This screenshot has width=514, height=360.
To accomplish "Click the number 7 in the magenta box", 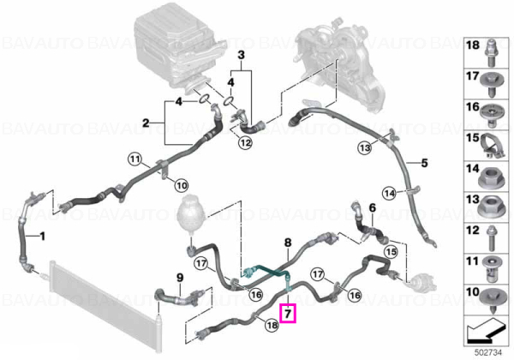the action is tap(288, 314).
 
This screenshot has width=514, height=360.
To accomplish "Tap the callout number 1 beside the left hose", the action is tap(42, 236).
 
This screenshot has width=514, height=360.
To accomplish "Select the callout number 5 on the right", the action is tap(425, 163).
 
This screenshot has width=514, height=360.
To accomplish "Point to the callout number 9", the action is tap(180, 278).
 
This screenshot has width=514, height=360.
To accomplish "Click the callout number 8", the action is tap(288, 243).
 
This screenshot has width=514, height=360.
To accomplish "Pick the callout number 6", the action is tap(372, 208).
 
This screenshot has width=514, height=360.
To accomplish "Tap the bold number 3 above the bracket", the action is tap(241, 55).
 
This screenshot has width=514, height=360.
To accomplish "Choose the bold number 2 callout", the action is tap(146, 123).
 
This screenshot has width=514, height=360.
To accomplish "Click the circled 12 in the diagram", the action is tap(246, 143).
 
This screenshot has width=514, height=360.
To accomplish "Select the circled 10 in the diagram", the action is tap(182, 186).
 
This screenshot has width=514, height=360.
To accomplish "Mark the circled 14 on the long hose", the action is tap(390, 194).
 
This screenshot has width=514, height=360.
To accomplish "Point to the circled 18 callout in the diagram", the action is tap(272, 325).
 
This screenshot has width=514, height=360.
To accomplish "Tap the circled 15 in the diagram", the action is tap(390, 252).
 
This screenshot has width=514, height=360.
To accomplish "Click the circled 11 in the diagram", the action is tap(134, 160).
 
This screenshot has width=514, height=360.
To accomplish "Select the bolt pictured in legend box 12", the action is tap(491, 237).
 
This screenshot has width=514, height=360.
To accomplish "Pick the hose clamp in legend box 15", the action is tap(493, 147).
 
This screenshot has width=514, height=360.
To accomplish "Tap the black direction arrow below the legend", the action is tap(486, 331).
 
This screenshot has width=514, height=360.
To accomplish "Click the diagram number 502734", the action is tap(488, 353).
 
